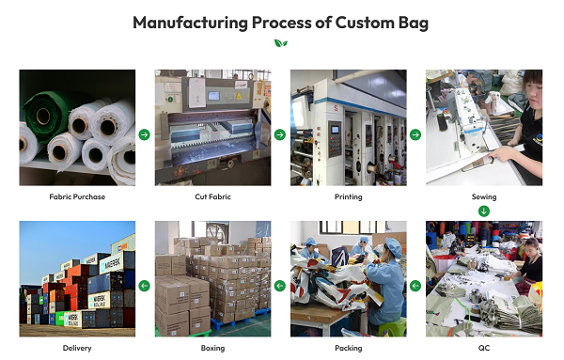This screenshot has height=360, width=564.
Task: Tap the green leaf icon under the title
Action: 280,43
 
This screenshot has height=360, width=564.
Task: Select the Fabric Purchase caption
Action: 77,196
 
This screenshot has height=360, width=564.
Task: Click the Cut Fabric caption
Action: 212,196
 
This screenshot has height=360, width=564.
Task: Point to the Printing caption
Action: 348,196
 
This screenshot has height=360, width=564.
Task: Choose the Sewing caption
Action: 483,196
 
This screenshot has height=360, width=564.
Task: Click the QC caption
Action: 483,348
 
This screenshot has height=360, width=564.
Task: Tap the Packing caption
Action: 348,348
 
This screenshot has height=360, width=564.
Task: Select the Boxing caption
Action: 212,348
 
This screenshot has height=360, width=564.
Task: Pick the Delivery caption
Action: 77,348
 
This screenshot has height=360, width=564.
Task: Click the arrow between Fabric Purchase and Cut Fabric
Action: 144,134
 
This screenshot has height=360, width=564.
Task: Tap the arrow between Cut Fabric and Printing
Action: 279,134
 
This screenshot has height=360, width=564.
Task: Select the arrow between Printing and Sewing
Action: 415,134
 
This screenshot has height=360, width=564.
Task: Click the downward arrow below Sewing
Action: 484,211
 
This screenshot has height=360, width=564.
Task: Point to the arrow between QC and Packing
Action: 415,285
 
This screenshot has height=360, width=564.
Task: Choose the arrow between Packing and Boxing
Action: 279,285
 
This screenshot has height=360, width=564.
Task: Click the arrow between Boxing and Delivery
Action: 144,285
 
